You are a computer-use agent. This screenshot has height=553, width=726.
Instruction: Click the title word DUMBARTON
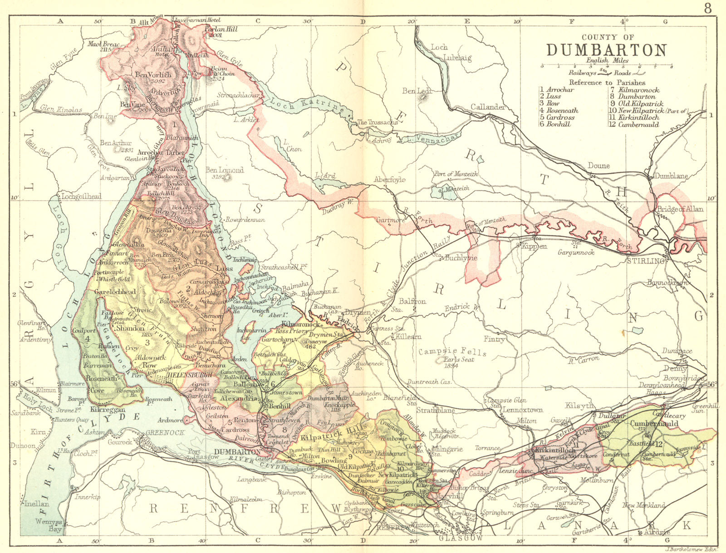[x=606, y=49]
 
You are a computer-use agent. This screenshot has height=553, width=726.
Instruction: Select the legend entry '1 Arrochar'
[x=557, y=89]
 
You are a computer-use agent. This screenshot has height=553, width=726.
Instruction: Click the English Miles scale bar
[x=606, y=66]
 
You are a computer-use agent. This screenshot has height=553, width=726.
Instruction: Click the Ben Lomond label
[x=225, y=170]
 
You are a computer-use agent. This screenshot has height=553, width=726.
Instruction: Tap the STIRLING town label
[x=645, y=261]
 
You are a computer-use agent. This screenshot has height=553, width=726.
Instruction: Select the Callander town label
[x=488, y=107]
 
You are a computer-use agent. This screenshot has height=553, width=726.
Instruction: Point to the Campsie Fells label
[x=452, y=352]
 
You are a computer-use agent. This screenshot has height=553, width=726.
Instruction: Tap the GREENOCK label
[x=165, y=432]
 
